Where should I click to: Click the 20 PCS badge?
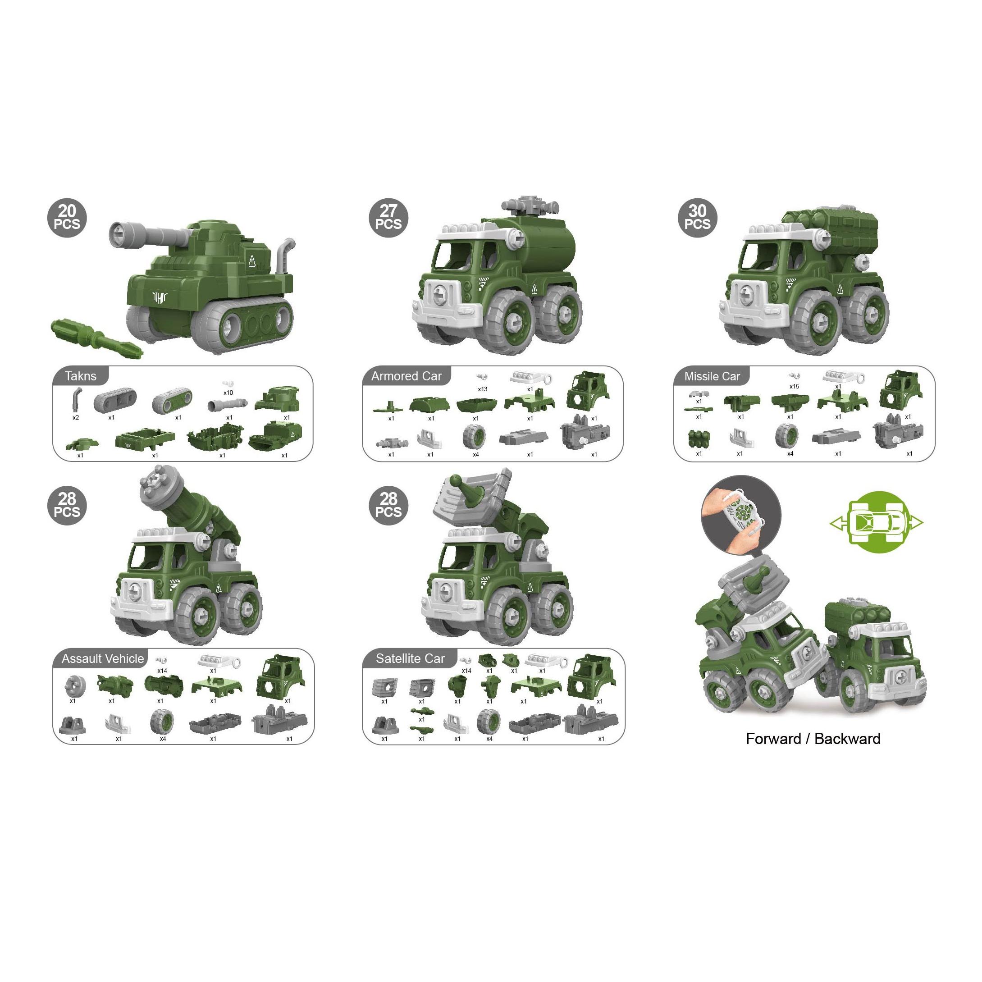(x=67, y=218)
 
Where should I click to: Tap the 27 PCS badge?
(x=388, y=218)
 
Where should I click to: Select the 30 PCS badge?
(x=697, y=218)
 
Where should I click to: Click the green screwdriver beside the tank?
(x=96, y=338)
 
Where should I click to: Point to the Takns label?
(x=80, y=376)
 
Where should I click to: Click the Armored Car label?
(x=406, y=376)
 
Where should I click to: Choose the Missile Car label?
(x=712, y=376)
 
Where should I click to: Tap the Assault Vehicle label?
(x=103, y=659)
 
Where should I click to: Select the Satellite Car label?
(x=410, y=659)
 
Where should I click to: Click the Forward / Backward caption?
(x=813, y=739)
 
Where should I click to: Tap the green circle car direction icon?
(x=876, y=522)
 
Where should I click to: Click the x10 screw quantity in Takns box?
(x=228, y=393)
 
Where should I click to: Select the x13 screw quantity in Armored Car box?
(x=482, y=389)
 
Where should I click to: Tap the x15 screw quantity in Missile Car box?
(x=794, y=386)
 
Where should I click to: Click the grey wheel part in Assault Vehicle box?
(x=162, y=720)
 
